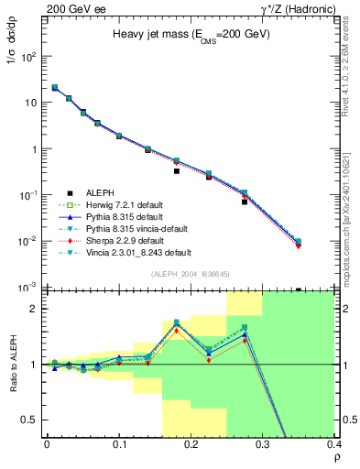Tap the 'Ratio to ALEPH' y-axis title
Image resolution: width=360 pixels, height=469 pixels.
[12, 364]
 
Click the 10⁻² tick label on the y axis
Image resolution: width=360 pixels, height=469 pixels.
[27, 242]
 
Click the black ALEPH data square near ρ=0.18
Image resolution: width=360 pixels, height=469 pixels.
[177, 171]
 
